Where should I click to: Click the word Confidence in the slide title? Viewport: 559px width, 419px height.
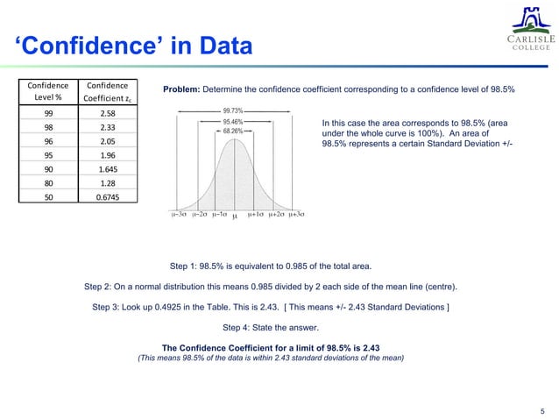pos(87,45)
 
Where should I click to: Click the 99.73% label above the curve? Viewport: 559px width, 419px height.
pos(235,111)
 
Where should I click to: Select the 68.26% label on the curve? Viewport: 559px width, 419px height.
pos(234,131)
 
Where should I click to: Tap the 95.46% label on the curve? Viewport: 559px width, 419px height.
pos(234,121)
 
